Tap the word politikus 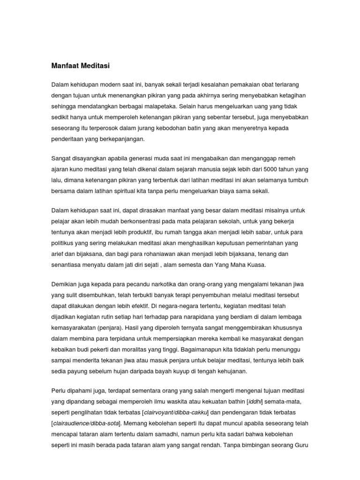[65, 243]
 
